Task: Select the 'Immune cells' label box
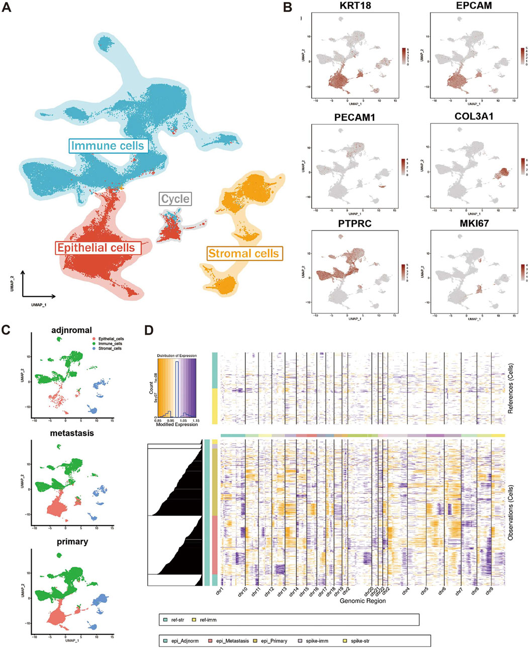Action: [108, 146]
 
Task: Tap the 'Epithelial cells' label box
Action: [96, 248]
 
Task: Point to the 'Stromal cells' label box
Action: [243, 253]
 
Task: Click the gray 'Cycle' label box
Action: [175, 199]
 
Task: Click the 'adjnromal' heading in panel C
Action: [72, 330]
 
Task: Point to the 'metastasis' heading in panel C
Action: [72, 433]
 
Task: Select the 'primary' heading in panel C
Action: [72, 542]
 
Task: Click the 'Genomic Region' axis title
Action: [363, 601]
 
